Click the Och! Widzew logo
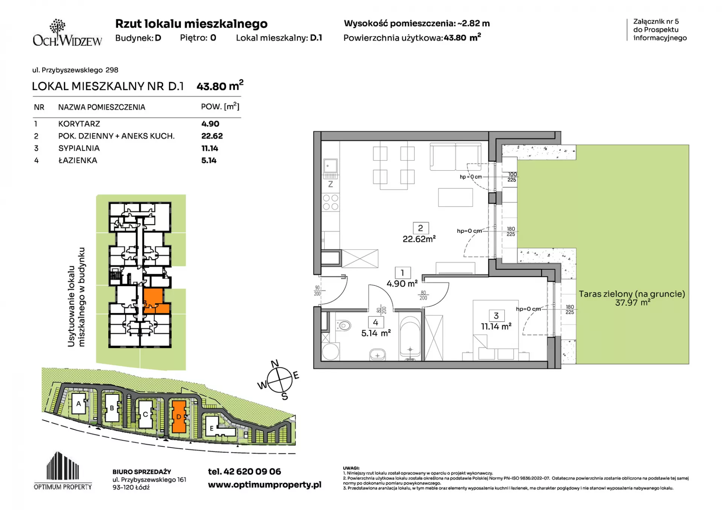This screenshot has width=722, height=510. pyautogui.click(x=67, y=33)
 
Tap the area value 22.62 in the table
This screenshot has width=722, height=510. pyautogui.click(x=212, y=136)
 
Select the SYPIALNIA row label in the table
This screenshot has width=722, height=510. pyautogui.click(x=79, y=148)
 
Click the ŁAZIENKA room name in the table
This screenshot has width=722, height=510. pyautogui.click(x=78, y=161)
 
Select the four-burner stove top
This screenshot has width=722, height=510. pyautogui.click(x=331, y=202)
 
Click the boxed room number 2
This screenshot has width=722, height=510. pyautogui.click(x=420, y=228)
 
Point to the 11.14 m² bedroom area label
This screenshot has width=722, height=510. pyautogui.click(x=496, y=326)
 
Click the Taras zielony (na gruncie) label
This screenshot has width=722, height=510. pyautogui.click(x=632, y=294)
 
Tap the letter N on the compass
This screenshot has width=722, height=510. pyautogui.click(x=275, y=363)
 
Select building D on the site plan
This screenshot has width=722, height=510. pyautogui.click(x=179, y=416)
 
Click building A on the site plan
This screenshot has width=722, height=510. pyautogui.click(x=79, y=404)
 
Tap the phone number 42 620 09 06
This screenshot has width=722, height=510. pyautogui.click(x=252, y=472)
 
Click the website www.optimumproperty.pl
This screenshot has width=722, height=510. pyautogui.click(x=265, y=485)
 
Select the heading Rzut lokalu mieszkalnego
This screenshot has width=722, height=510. pyautogui.click(x=191, y=24)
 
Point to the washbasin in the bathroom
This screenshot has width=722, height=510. pyautogui.click(x=377, y=355)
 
